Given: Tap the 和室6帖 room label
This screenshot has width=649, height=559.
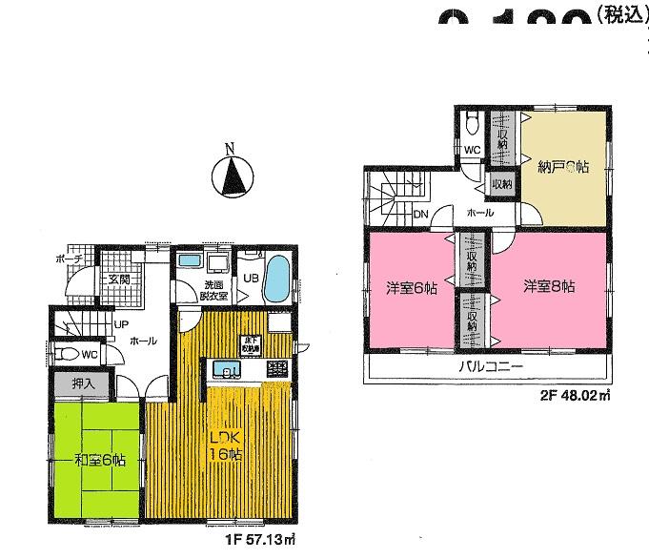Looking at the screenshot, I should (x=98, y=462).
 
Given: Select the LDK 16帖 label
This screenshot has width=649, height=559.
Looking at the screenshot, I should (x=226, y=445).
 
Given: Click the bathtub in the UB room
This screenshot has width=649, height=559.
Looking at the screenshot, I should (x=277, y=278).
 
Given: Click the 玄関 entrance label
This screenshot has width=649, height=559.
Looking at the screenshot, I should (x=118, y=279).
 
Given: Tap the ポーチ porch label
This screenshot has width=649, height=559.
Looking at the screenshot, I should (x=71, y=259).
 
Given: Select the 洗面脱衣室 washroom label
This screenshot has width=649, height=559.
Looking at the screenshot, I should (x=212, y=290).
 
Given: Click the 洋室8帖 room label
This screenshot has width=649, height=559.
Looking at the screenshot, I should (x=552, y=285).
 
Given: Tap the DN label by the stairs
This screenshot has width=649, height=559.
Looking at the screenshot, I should (x=420, y=214).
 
